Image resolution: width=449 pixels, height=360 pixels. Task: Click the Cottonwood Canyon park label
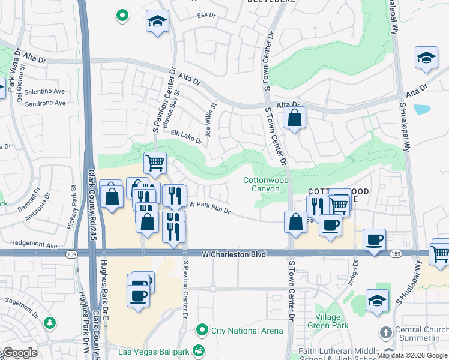[x=266, y=184]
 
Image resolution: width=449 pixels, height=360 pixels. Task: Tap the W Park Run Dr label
[x=210, y=205]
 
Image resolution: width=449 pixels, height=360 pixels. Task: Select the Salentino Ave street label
[x=44, y=91]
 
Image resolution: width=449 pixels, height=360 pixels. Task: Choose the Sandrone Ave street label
[x=45, y=103]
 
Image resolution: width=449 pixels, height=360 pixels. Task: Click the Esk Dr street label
[x=206, y=16]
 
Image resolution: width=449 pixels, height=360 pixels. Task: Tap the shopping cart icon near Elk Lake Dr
[x=155, y=161]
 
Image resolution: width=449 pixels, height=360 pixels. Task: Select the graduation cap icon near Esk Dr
[x=157, y=22]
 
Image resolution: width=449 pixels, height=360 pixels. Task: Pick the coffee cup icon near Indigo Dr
[x=375, y=239]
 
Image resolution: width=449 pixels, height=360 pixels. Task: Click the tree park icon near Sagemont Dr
[x=50, y=323]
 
